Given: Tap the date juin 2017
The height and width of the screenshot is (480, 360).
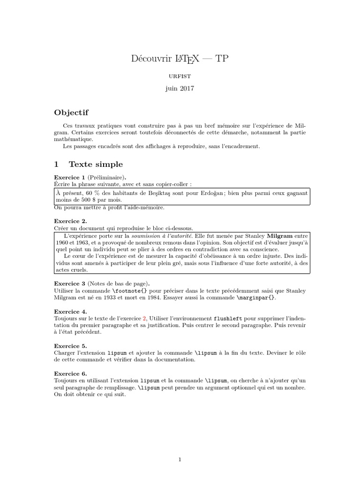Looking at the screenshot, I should tap(180, 88).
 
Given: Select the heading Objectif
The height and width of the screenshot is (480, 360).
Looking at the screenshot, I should tap(71, 112).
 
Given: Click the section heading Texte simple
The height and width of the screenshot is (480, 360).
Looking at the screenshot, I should tap(96, 164).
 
